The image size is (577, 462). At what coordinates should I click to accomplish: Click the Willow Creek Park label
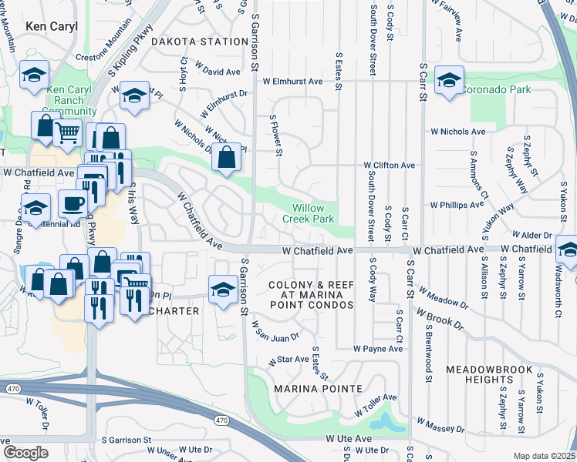312,213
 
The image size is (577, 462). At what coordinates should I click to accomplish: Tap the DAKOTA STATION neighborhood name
199,41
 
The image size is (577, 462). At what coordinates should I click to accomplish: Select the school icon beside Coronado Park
447,80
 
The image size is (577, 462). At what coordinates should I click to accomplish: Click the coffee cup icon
73,204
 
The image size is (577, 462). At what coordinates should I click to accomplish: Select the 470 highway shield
221,420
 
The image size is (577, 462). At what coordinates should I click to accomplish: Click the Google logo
25,452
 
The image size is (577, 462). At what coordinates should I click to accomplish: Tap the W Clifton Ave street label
390,166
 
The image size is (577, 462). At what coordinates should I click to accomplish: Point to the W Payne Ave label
378,349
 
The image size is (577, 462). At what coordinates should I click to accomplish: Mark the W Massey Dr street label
440,425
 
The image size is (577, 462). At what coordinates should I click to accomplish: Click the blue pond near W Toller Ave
385,422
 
